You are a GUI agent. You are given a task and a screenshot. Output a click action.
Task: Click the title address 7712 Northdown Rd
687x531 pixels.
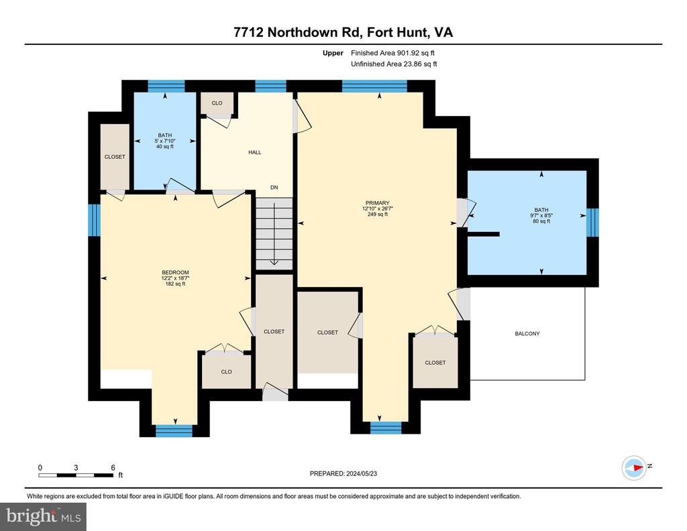298,32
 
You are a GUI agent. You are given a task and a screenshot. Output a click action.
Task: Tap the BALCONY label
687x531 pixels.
527,334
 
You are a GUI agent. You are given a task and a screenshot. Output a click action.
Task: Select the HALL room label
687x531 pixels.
254,152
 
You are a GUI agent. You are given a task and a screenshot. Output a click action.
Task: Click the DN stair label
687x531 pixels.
274,187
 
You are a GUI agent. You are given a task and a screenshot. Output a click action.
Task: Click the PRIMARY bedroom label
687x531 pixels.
377,202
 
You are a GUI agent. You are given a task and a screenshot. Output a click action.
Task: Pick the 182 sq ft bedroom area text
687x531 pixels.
175,284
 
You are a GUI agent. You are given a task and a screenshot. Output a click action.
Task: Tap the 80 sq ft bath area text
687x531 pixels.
541,221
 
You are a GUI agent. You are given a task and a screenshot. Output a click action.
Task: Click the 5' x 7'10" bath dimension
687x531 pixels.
165,141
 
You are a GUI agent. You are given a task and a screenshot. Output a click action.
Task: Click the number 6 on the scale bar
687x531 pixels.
113,467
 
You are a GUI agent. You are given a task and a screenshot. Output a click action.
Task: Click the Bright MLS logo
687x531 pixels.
44,516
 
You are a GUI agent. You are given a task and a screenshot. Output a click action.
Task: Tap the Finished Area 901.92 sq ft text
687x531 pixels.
392,53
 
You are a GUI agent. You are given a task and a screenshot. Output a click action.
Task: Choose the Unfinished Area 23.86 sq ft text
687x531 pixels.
394,64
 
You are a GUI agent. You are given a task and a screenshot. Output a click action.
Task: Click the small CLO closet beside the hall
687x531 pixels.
217,103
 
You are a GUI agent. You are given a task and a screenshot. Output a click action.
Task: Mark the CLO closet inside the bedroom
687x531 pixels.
227,371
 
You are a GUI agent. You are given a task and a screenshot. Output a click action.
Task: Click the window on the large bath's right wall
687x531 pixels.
592,222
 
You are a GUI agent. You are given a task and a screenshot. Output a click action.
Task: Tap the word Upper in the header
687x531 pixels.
333,53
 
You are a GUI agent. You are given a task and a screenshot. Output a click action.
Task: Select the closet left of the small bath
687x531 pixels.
115,157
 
